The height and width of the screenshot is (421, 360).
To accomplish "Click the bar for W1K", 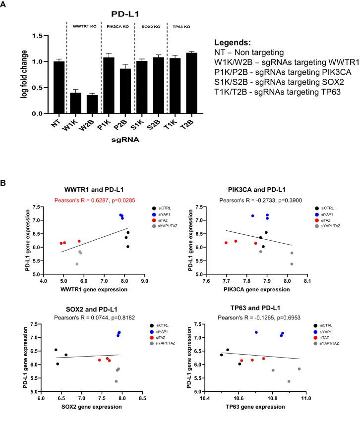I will click(x=75, y=103).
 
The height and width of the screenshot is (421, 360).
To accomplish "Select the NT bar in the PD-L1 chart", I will click(x=59, y=88).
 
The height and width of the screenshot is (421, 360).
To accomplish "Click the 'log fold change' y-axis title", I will click(x=24, y=75).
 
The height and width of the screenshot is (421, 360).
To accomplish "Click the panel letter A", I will click(x=4, y=4).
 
